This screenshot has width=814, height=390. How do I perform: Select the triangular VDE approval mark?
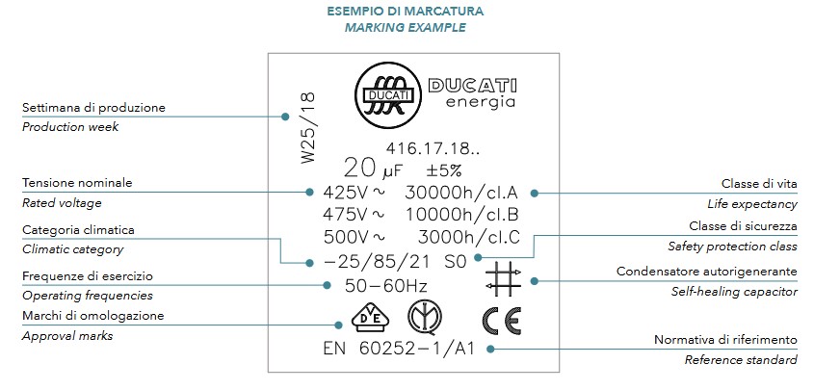point(355,320)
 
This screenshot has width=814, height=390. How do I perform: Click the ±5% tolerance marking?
point(444,170)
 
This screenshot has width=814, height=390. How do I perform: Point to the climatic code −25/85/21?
point(378,261)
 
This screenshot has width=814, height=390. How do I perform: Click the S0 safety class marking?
point(456,261)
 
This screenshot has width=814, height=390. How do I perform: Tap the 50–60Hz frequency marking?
point(386,286)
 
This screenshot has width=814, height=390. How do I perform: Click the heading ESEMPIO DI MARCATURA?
point(406,12)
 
